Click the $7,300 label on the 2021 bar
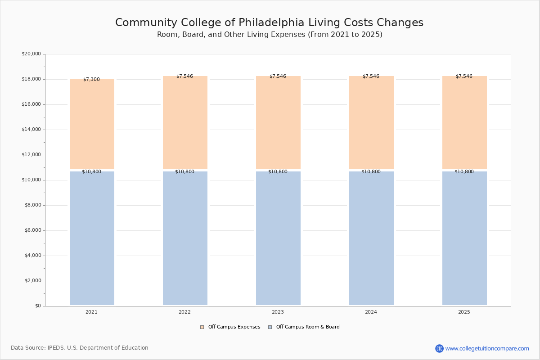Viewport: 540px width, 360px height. [91, 80]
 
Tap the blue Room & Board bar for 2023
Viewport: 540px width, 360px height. [278, 238]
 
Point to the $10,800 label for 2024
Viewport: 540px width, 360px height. [371, 172]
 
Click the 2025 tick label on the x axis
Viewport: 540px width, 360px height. [464, 312]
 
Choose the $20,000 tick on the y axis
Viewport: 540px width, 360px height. [31, 54]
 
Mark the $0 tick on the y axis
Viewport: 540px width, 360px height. [37, 306]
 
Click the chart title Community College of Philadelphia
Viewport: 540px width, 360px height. [269, 23]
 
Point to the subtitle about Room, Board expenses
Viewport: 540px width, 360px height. [270, 35]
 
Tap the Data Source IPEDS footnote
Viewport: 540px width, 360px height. [80, 348]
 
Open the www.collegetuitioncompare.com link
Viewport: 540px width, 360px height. [487, 348]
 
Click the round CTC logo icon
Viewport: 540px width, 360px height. [439, 348]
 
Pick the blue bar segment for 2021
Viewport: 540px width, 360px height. [92, 238]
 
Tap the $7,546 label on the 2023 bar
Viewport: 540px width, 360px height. [278, 76]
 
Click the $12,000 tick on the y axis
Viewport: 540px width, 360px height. [31, 155]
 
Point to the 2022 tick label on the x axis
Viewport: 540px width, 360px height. [184, 312]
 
